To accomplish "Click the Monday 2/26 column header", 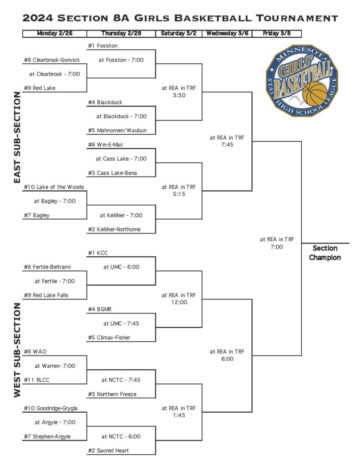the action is tap(55, 33).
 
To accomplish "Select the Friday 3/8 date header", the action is tap(277, 33).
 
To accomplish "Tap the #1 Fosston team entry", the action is tap(102, 46).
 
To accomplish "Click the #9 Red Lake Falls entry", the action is tap(46, 295).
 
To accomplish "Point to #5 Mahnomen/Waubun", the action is tap(117, 130).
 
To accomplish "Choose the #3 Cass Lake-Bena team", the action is tap(112, 172).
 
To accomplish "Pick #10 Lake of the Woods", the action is tap(54, 187).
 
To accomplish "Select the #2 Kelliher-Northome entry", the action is tap(114, 229).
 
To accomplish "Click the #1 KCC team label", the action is tap(98, 253).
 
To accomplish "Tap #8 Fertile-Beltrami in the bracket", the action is tap(47, 267).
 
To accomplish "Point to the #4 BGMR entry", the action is tap(100, 309).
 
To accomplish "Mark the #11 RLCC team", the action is tap(36, 380).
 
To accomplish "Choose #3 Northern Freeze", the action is tap(112, 394).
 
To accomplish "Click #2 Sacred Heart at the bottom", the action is tap(108, 451).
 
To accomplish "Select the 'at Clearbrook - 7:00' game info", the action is tap(55, 74).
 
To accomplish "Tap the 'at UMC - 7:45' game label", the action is tap(121, 324).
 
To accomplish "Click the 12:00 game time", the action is tap(179, 302).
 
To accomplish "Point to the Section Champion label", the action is tap(325, 253).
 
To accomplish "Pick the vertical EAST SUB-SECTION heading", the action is tap(17, 137).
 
